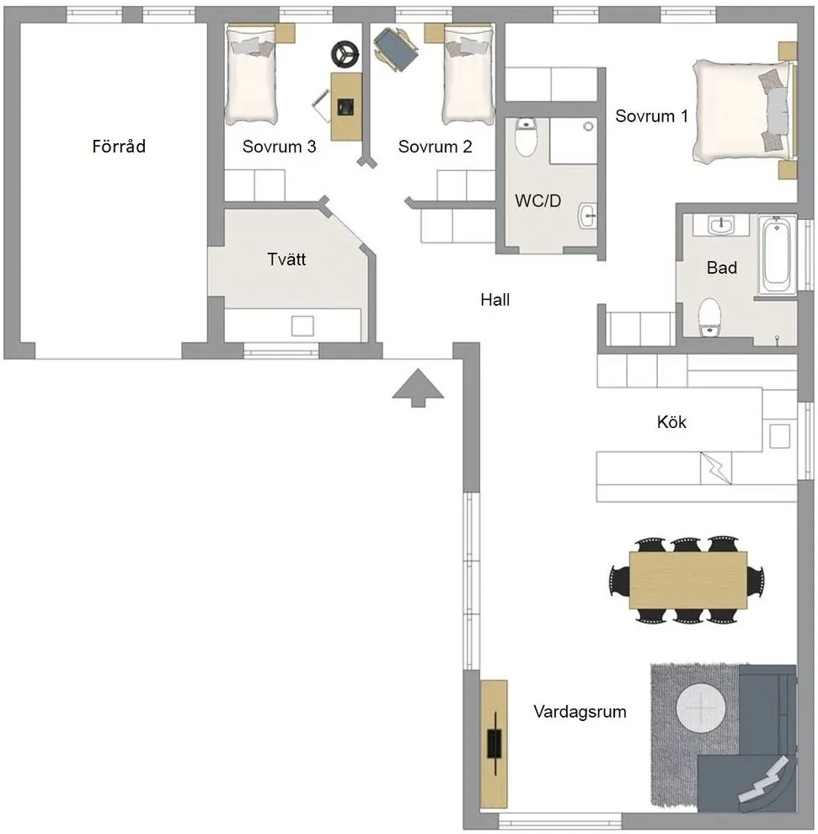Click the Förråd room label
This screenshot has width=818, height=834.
[119, 147]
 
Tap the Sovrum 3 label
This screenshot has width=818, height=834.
[279, 147]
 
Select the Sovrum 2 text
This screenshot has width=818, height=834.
[435, 147]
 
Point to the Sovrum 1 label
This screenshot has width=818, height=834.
[651, 116]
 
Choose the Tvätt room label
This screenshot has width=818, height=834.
[286, 259]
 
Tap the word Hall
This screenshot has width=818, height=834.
[495, 299]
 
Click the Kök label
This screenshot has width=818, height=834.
[671, 422]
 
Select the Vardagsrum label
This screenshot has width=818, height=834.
[580, 712]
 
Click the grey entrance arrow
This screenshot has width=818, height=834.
[418, 388]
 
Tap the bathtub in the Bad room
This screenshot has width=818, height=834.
[776, 256]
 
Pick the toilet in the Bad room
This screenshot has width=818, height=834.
[709, 317]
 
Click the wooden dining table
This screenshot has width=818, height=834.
[687, 579]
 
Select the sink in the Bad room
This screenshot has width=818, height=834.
[720, 226]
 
